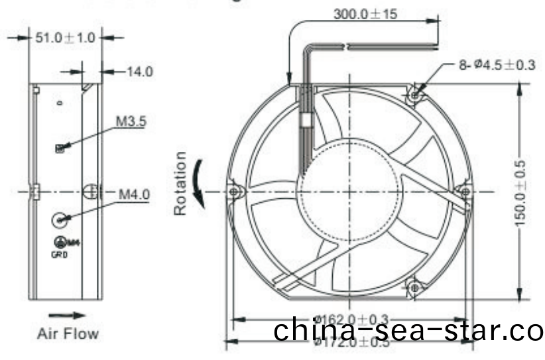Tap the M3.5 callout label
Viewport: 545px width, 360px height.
131,121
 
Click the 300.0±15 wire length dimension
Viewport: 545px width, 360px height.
365,13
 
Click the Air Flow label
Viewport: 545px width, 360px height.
67,333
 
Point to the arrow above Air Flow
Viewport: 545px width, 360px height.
67,316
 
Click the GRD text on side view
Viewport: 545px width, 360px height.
60,253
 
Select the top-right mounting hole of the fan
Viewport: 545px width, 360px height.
414,95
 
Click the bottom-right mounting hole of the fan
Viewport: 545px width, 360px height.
415,287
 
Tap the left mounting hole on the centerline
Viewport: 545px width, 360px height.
233,192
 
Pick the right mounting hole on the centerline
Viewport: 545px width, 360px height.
465,192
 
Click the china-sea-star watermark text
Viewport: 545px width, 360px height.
408,330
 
